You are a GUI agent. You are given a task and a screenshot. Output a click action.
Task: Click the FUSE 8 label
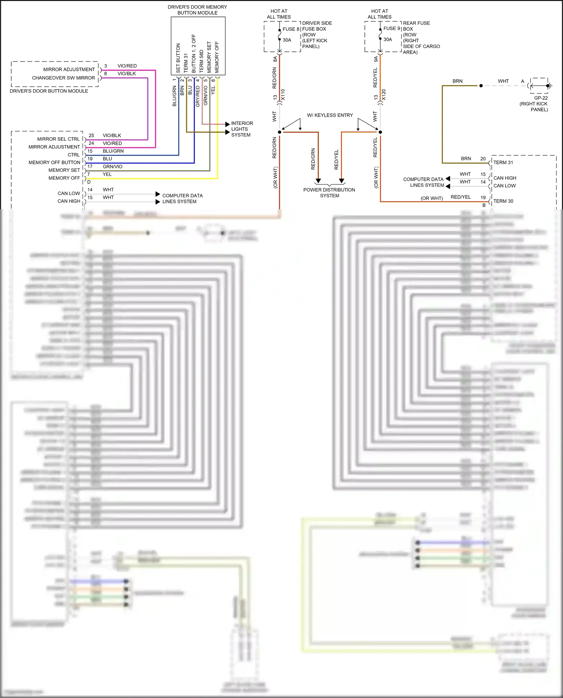(x=291, y=29)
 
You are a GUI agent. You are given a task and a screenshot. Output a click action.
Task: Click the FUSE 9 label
(x=391, y=29)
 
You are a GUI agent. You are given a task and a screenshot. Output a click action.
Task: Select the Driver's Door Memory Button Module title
(x=197, y=10)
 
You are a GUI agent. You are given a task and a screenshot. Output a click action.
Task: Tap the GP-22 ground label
(x=541, y=98)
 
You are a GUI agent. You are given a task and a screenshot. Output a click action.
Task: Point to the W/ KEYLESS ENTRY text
(x=330, y=115)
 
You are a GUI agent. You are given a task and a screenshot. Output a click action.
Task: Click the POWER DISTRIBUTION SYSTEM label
(x=329, y=192)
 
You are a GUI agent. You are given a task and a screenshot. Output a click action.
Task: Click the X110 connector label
(x=283, y=95)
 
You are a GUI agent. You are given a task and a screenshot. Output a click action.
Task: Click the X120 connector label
(x=383, y=95)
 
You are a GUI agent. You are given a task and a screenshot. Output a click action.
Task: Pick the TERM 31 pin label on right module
(x=503, y=162)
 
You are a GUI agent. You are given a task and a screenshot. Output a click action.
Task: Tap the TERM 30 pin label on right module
(x=503, y=201)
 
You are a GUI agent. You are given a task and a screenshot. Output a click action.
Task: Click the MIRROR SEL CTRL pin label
(x=58, y=139)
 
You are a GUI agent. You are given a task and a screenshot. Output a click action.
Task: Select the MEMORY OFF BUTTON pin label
(x=54, y=162)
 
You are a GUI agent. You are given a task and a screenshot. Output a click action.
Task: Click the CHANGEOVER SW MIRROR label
(x=63, y=78)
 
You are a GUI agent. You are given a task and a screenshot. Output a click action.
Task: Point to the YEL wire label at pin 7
(x=107, y=174)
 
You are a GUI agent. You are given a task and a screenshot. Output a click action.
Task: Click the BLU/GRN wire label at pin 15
(x=113, y=151)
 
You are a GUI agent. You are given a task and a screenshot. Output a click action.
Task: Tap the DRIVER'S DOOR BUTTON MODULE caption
(x=49, y=91)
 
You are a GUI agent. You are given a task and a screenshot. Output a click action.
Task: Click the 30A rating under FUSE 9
(x=387, y=39)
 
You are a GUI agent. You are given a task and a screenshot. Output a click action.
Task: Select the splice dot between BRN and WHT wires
(x=481, y=86)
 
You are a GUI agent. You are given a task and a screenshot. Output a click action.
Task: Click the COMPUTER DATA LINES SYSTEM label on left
(x=182, y=198)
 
